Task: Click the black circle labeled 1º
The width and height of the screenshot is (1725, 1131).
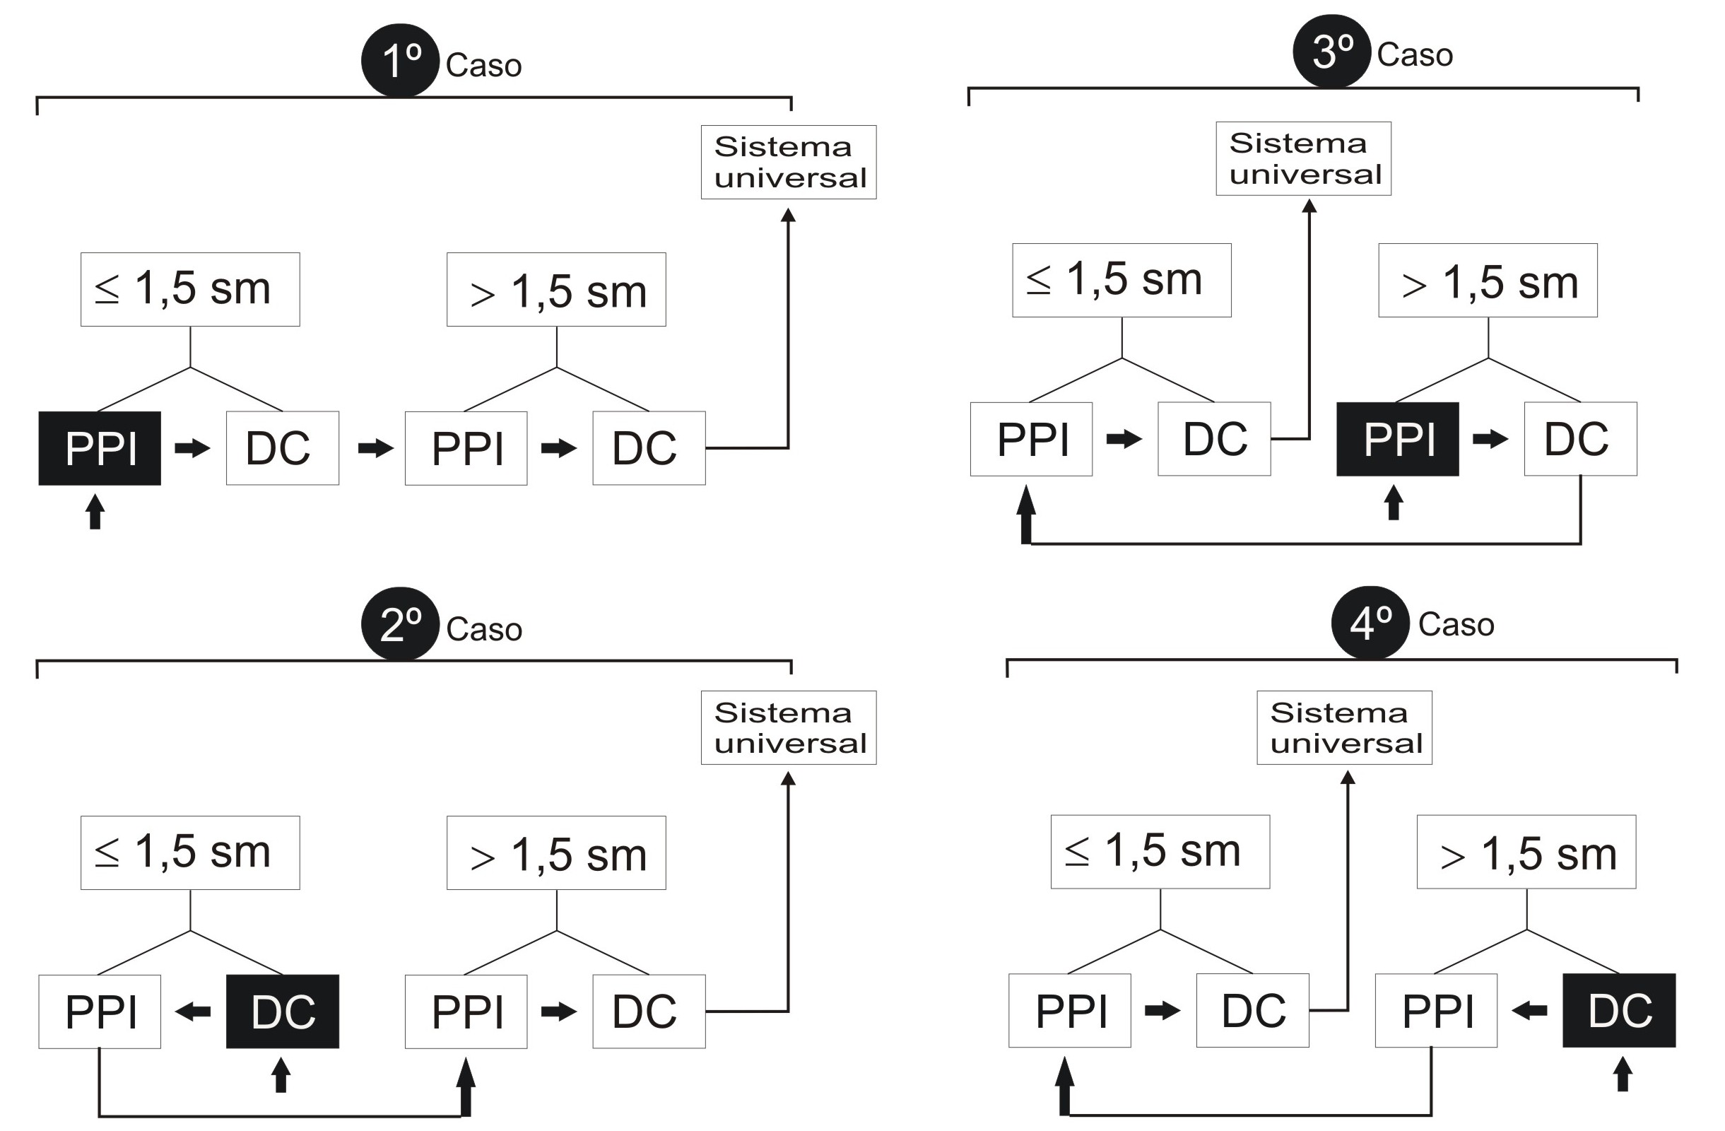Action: [400, 61]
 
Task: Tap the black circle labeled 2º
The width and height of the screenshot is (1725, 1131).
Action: [400, 624]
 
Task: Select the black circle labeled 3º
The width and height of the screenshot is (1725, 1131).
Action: [1331, 52]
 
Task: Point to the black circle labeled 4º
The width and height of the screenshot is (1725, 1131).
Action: [1370, 623]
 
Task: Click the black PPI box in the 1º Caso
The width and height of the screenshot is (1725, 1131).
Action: [100, 448]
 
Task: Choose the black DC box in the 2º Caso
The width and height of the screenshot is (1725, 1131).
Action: [283, 1012]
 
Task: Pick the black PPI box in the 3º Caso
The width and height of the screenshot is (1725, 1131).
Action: [1397, 440]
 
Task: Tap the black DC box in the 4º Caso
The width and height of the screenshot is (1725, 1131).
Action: [1618, 1011]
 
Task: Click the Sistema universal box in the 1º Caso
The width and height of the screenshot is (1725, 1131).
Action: [789, 163]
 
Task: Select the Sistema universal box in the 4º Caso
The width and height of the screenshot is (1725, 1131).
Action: [1345, 727]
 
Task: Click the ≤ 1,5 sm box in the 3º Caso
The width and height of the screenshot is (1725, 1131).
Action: [1121, 280]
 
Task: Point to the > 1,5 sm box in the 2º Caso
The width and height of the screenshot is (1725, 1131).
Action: [556, 852]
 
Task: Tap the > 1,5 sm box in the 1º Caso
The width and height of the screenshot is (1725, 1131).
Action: [556, 289]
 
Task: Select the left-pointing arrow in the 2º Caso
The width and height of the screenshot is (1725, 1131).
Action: [193, 1012]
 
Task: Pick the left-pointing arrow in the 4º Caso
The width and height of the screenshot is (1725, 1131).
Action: [1529, 1011]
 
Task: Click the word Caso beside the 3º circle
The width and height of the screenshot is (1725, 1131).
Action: [1415, 55]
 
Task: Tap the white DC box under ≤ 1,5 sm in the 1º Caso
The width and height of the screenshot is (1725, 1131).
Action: [283, 448]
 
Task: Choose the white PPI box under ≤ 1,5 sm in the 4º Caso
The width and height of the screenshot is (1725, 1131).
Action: [1069, 1011]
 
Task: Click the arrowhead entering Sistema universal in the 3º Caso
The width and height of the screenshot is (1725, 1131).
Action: [1309, 206]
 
